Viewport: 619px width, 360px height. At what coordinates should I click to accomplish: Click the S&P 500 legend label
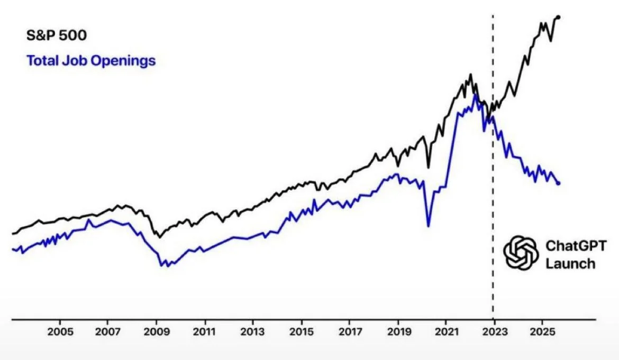pyautogui.click(x=57, y=36)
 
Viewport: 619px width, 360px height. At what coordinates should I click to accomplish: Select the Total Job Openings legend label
pyautogui.click(x=91, y=61)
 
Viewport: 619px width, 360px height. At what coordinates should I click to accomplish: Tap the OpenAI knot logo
pyautogui.click(x=521, y=252)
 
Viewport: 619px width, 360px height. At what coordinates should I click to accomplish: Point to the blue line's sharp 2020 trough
pyautogui.click(x=428, y=226)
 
